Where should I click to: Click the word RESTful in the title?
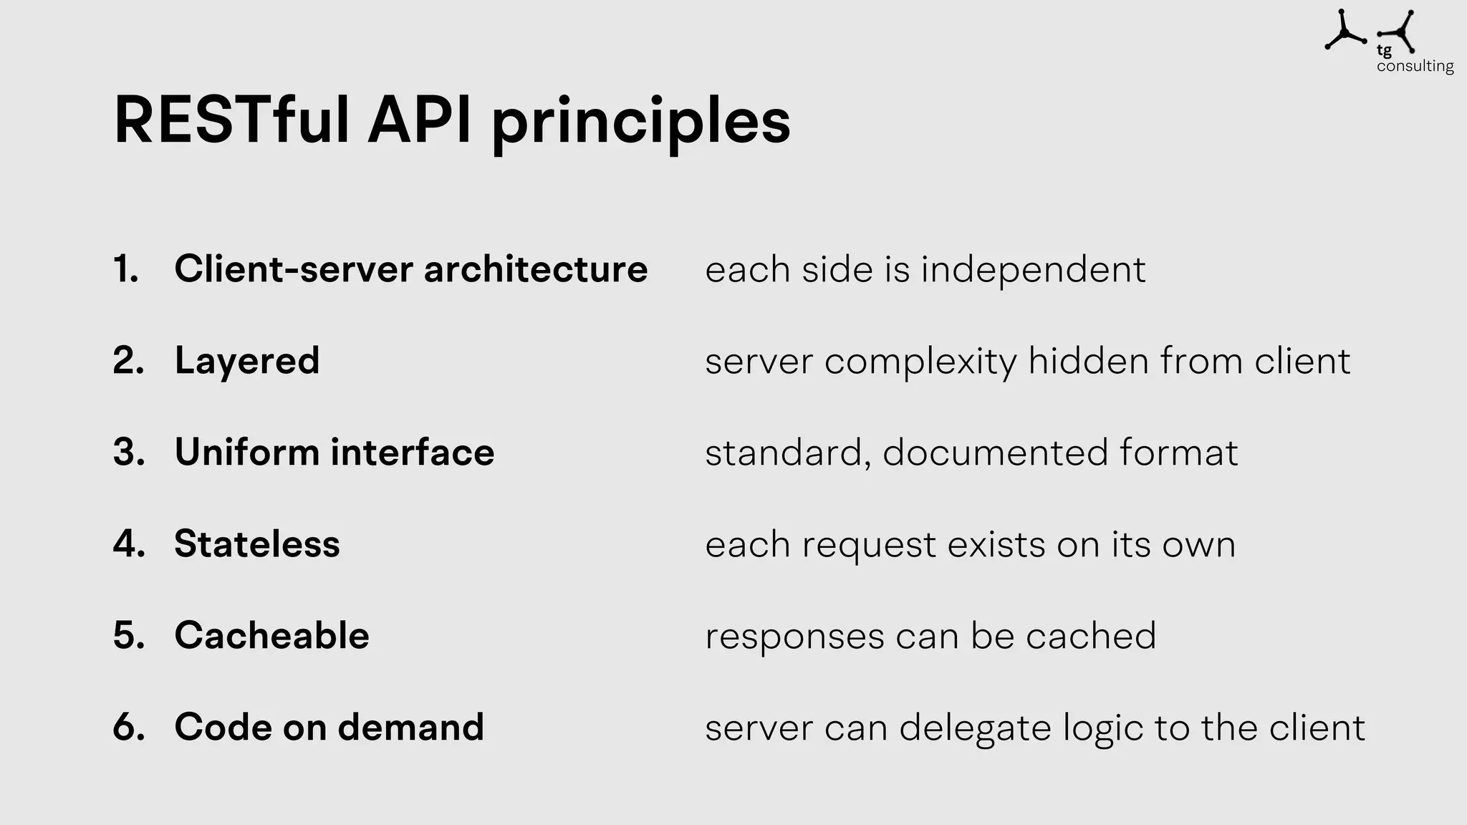tap(231, 120)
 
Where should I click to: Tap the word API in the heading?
tap(420, 120)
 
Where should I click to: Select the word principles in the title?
tap(640, 123)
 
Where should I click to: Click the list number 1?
tap(126, 269)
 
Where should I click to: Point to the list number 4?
tap(129, 544)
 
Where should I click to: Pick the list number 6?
tap(129, 727)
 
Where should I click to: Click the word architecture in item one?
tap(535, 269)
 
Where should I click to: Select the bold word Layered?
tap(247, 361)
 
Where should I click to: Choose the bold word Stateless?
tap(257, 544)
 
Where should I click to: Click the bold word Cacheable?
tap(271, 635)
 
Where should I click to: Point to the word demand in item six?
tap(410, 727)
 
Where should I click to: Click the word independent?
tap(1033, 271)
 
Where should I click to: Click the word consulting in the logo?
tap(1415, 66)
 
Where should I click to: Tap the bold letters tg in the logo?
tap(1384, 51)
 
